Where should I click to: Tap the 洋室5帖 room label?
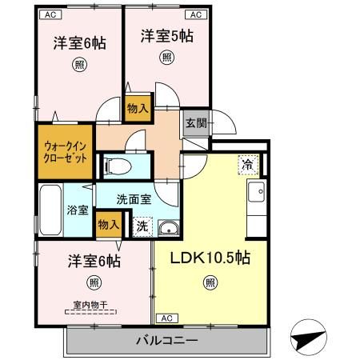coord(167,35)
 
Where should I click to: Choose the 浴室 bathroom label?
coord(78,211)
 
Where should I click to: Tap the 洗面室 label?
coord(134,199)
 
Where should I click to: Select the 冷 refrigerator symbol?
coord(248,165)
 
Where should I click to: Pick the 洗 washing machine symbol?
coord(141,226)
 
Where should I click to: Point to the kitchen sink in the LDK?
coord(258,193)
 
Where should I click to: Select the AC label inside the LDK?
coord(166,318)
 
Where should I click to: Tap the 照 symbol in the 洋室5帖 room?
coord(166,57)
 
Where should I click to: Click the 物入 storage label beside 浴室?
coord(106,226)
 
